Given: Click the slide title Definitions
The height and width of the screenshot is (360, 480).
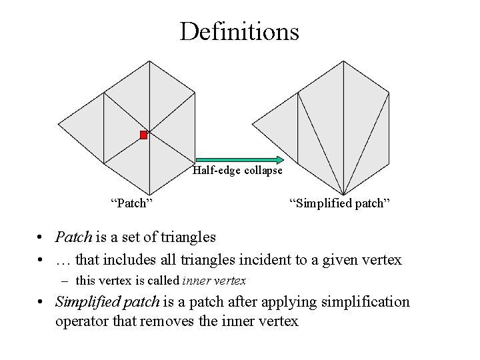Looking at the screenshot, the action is pos(239,31).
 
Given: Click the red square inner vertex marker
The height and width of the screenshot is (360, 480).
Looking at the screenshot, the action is pos(143,135).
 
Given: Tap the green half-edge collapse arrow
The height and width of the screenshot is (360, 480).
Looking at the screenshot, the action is pos(238,160).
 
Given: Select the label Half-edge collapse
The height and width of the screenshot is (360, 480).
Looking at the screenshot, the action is pos(237,171).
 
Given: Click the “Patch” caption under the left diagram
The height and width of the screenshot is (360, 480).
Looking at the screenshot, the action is pos(131,203).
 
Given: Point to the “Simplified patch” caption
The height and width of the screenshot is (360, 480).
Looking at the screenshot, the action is pos(339,203).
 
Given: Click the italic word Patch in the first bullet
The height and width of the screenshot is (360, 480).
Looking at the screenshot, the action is pos(73,237).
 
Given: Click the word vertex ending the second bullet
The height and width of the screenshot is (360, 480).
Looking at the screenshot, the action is pos(381,260).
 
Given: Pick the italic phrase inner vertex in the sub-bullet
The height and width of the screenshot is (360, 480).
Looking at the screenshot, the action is pos(214,281).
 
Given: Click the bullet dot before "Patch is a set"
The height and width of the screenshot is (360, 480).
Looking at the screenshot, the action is pos(41,237).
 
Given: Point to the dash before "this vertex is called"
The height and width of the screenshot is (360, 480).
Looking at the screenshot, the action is pos(67,281).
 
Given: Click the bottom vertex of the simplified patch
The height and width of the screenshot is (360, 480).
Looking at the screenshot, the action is pos(343,195).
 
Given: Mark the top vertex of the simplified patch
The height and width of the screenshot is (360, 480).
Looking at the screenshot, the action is pos(343,61).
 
